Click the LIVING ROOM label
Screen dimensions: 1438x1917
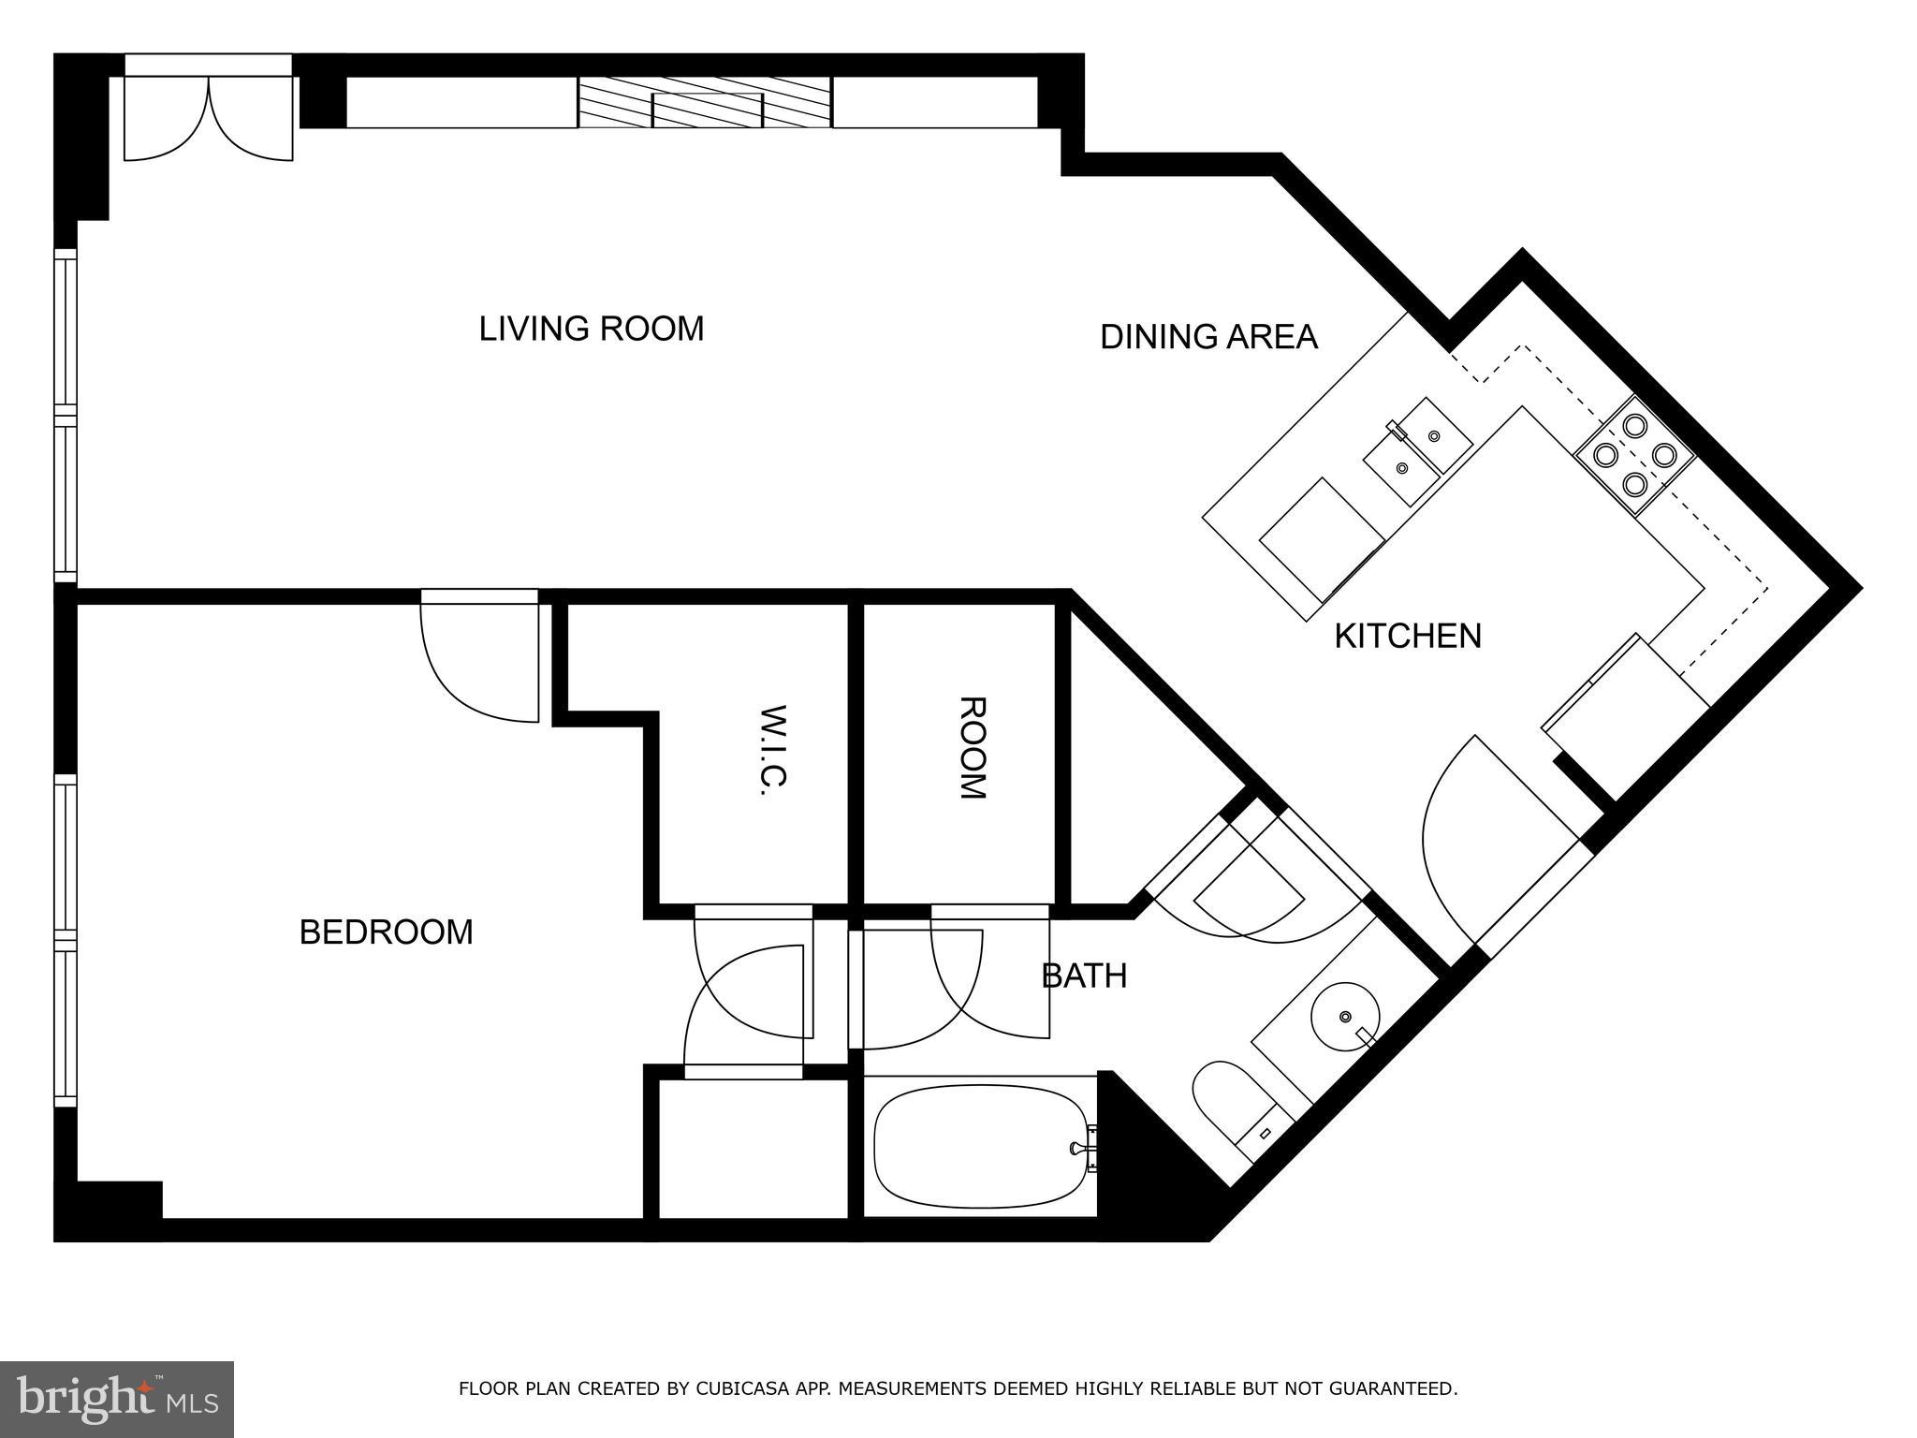click(591, 330)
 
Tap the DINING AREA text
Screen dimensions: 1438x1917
click(1208, 337)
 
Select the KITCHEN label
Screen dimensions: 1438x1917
click(1407, 637)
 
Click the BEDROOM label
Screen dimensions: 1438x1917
click(386, 932)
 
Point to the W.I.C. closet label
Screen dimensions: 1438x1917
click(775, 750)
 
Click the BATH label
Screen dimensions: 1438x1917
click(1084, 976)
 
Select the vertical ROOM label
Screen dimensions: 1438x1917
click(972, 748)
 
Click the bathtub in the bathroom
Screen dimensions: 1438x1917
click(979, 1147)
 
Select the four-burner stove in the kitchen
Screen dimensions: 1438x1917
click(1634, 455)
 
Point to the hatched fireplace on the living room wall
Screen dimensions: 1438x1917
click(705, 103)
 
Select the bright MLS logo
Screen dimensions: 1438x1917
click(116, 1399)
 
